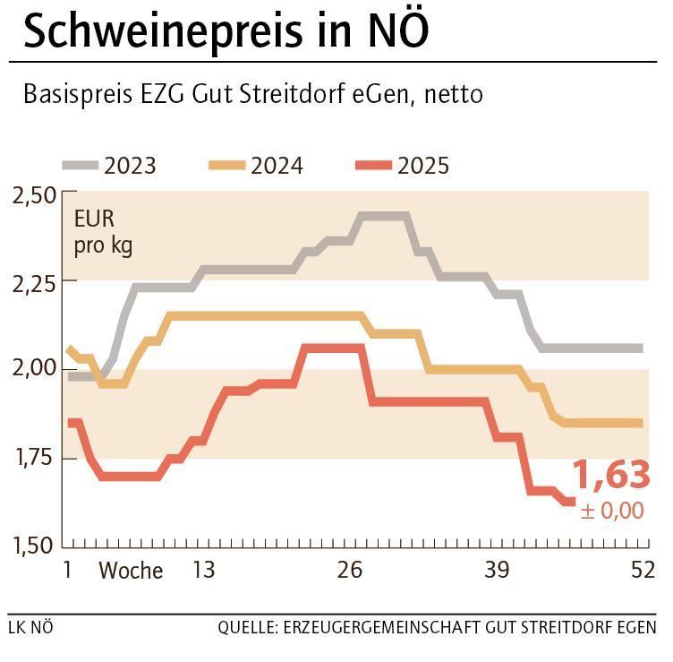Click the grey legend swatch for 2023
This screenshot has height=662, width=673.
(x=80, y=166)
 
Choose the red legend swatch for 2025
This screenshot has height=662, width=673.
(x=373, y=166)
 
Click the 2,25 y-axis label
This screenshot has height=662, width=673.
(x=33, y=282)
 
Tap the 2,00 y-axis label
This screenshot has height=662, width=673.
(x=33, y=369)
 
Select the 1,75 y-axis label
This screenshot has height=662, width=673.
(x=33, y=458)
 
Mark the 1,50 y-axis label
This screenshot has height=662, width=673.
(x=33, y=545)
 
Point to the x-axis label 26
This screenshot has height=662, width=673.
(x=350, y=571)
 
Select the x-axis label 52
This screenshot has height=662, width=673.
(x=643, y=571)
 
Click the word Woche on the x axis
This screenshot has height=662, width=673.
(x=131, y=571)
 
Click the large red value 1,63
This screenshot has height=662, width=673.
(x=610, y=475)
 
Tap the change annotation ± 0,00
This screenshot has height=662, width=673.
(x=612, y=511)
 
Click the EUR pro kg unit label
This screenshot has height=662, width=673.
(x=103, y=231)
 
